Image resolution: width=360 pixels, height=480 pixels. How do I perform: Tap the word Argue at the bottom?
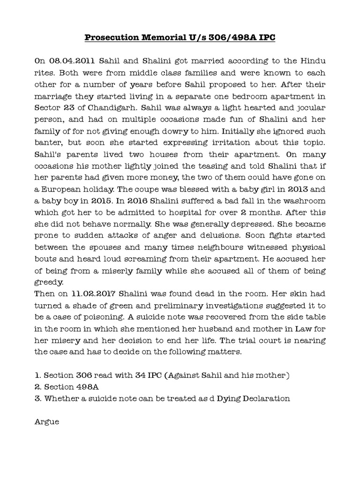pyautogui.click(x=47, y=421)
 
